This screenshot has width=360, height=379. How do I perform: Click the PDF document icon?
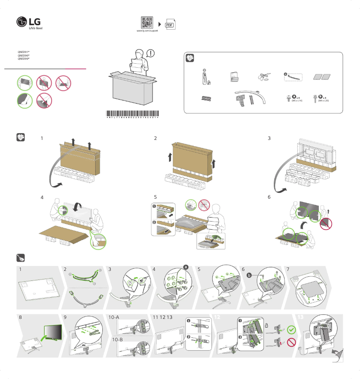(x=170, y=25)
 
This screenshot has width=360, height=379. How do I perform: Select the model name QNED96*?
(x=23, y=55)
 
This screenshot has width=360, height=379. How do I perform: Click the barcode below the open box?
(x=133, y=114)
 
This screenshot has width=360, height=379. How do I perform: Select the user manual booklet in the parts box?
(x=233, y=77)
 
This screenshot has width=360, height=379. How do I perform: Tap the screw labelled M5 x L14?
(x=289, y=97)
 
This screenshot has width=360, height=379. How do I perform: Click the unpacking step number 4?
(x=42, y=197)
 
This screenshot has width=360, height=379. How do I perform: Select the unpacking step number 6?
(x=269, y=197)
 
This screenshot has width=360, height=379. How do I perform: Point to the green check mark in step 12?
(x=292, y=330)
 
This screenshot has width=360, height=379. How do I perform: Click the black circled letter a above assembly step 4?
(x=186, y=267)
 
